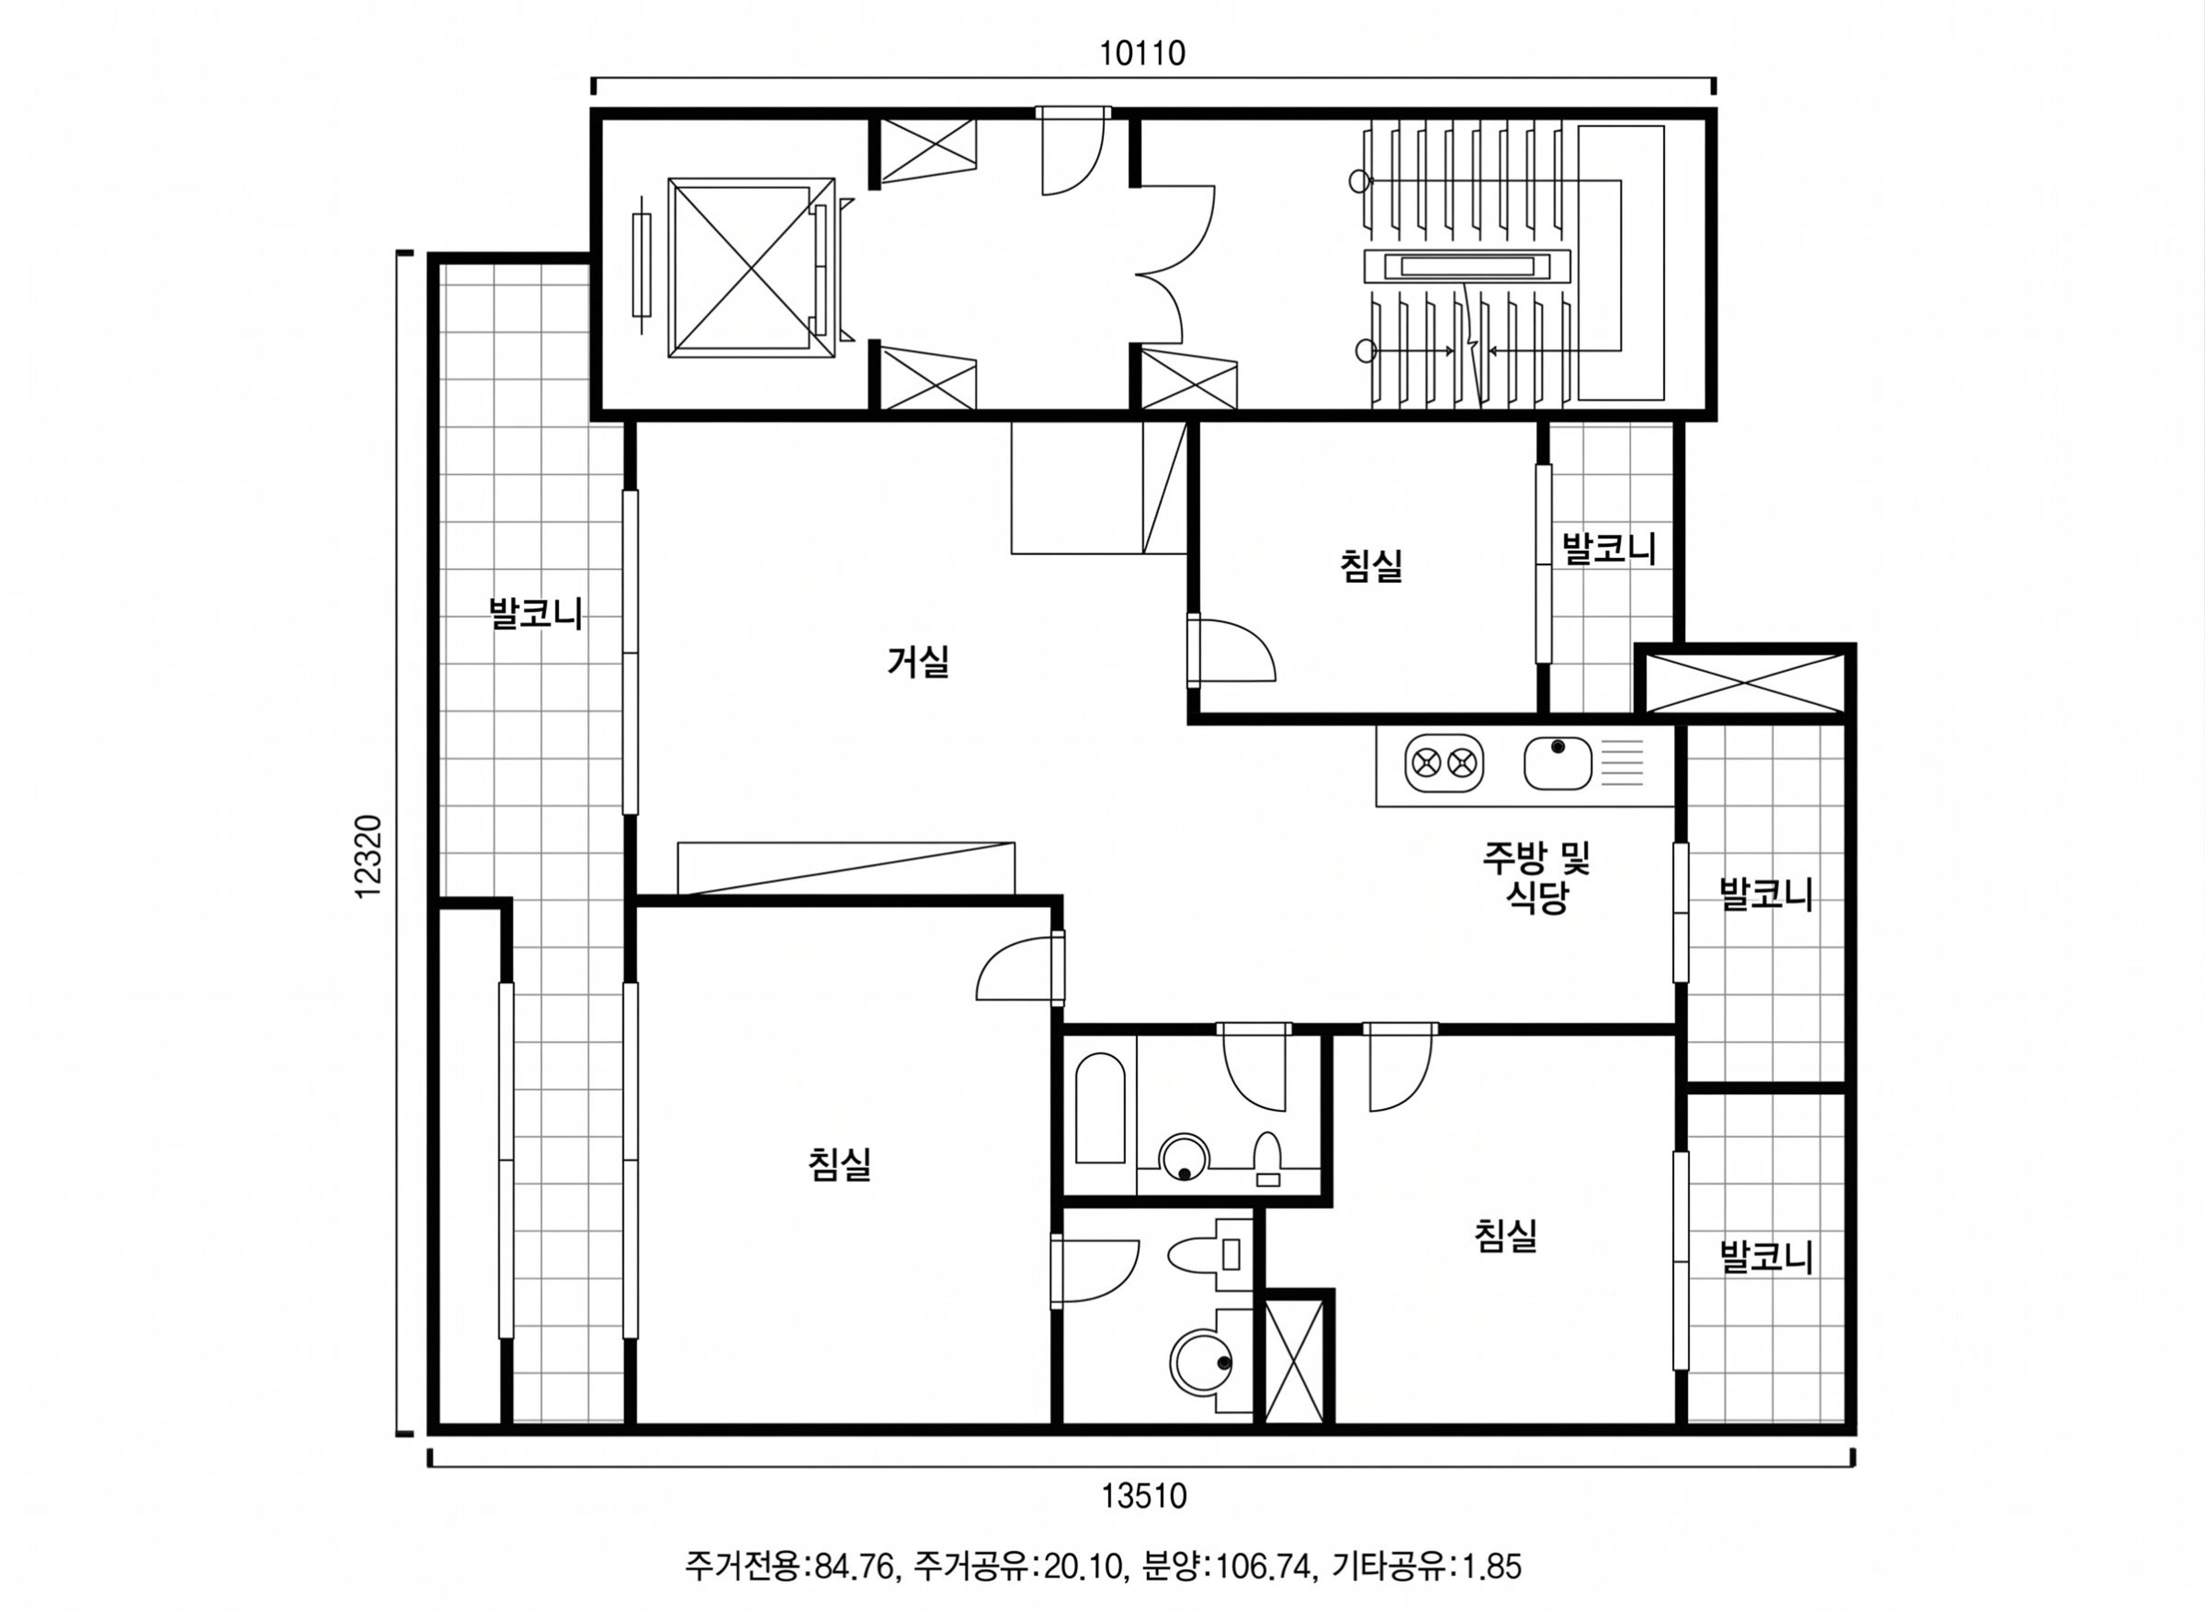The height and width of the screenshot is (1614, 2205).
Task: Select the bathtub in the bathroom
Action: (x=1100, y=1108)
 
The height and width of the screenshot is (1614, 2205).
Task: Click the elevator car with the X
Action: (x=751, y=268)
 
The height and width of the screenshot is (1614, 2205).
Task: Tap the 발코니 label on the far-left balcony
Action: (x=535, y=614)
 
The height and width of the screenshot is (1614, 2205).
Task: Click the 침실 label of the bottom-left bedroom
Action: (x=839, y=1164)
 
